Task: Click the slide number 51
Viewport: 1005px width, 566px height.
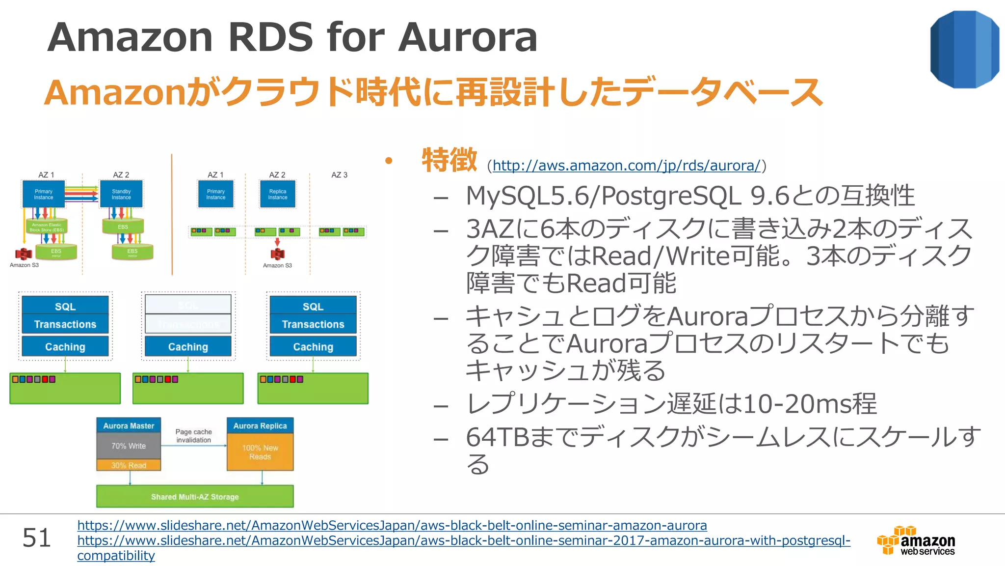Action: pos(37,538)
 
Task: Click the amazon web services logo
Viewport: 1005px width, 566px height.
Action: pos(916,540)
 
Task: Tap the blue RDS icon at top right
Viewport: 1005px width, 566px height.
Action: pos(964,50)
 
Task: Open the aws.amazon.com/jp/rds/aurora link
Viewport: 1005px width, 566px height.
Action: pos(626,166)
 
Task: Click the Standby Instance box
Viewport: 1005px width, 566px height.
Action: pos(121,194)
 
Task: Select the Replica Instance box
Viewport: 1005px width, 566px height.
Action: pos(278,194)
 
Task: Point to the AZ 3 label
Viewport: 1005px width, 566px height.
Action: pos(339,175)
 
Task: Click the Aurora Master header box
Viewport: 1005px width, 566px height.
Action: pos(129,426)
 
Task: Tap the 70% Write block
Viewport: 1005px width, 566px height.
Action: pos(129,446)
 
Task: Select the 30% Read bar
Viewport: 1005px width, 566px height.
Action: pos(129,465)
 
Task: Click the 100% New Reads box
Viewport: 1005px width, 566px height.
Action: pos(260,452)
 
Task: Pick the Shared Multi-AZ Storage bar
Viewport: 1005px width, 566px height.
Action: pos(195,497)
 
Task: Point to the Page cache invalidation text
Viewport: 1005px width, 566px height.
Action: pos(194,436)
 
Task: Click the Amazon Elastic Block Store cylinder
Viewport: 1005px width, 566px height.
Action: pos(47,226)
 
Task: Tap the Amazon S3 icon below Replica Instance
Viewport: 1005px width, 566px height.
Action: pos(277,254)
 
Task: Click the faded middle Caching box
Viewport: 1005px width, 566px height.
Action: pos(188,347)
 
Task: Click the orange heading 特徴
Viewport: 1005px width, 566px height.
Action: pos(449,160)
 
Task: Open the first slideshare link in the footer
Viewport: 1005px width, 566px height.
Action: pos(392,525)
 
